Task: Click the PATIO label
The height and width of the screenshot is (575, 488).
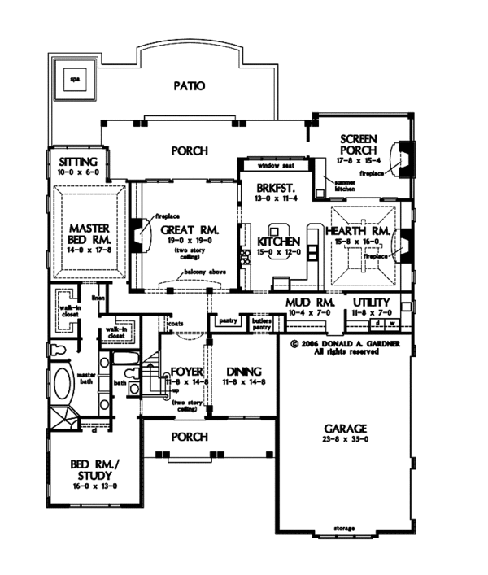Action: pos(189,85)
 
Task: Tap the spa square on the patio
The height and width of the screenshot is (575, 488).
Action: pos(73,80)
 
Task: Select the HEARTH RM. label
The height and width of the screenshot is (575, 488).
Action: pos(362,230)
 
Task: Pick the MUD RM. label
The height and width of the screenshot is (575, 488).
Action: pos(305,303)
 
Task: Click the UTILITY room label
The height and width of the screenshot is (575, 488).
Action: pos(371,303)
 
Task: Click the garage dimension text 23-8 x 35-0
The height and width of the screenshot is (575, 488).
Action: pos(347,440)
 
